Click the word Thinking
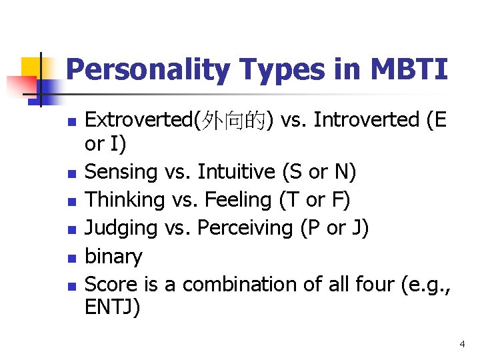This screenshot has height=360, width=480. pos(126,200)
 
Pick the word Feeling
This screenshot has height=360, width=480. pos(236,200)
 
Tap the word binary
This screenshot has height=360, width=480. pos(114,256)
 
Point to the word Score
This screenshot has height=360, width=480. pos(112,284)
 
